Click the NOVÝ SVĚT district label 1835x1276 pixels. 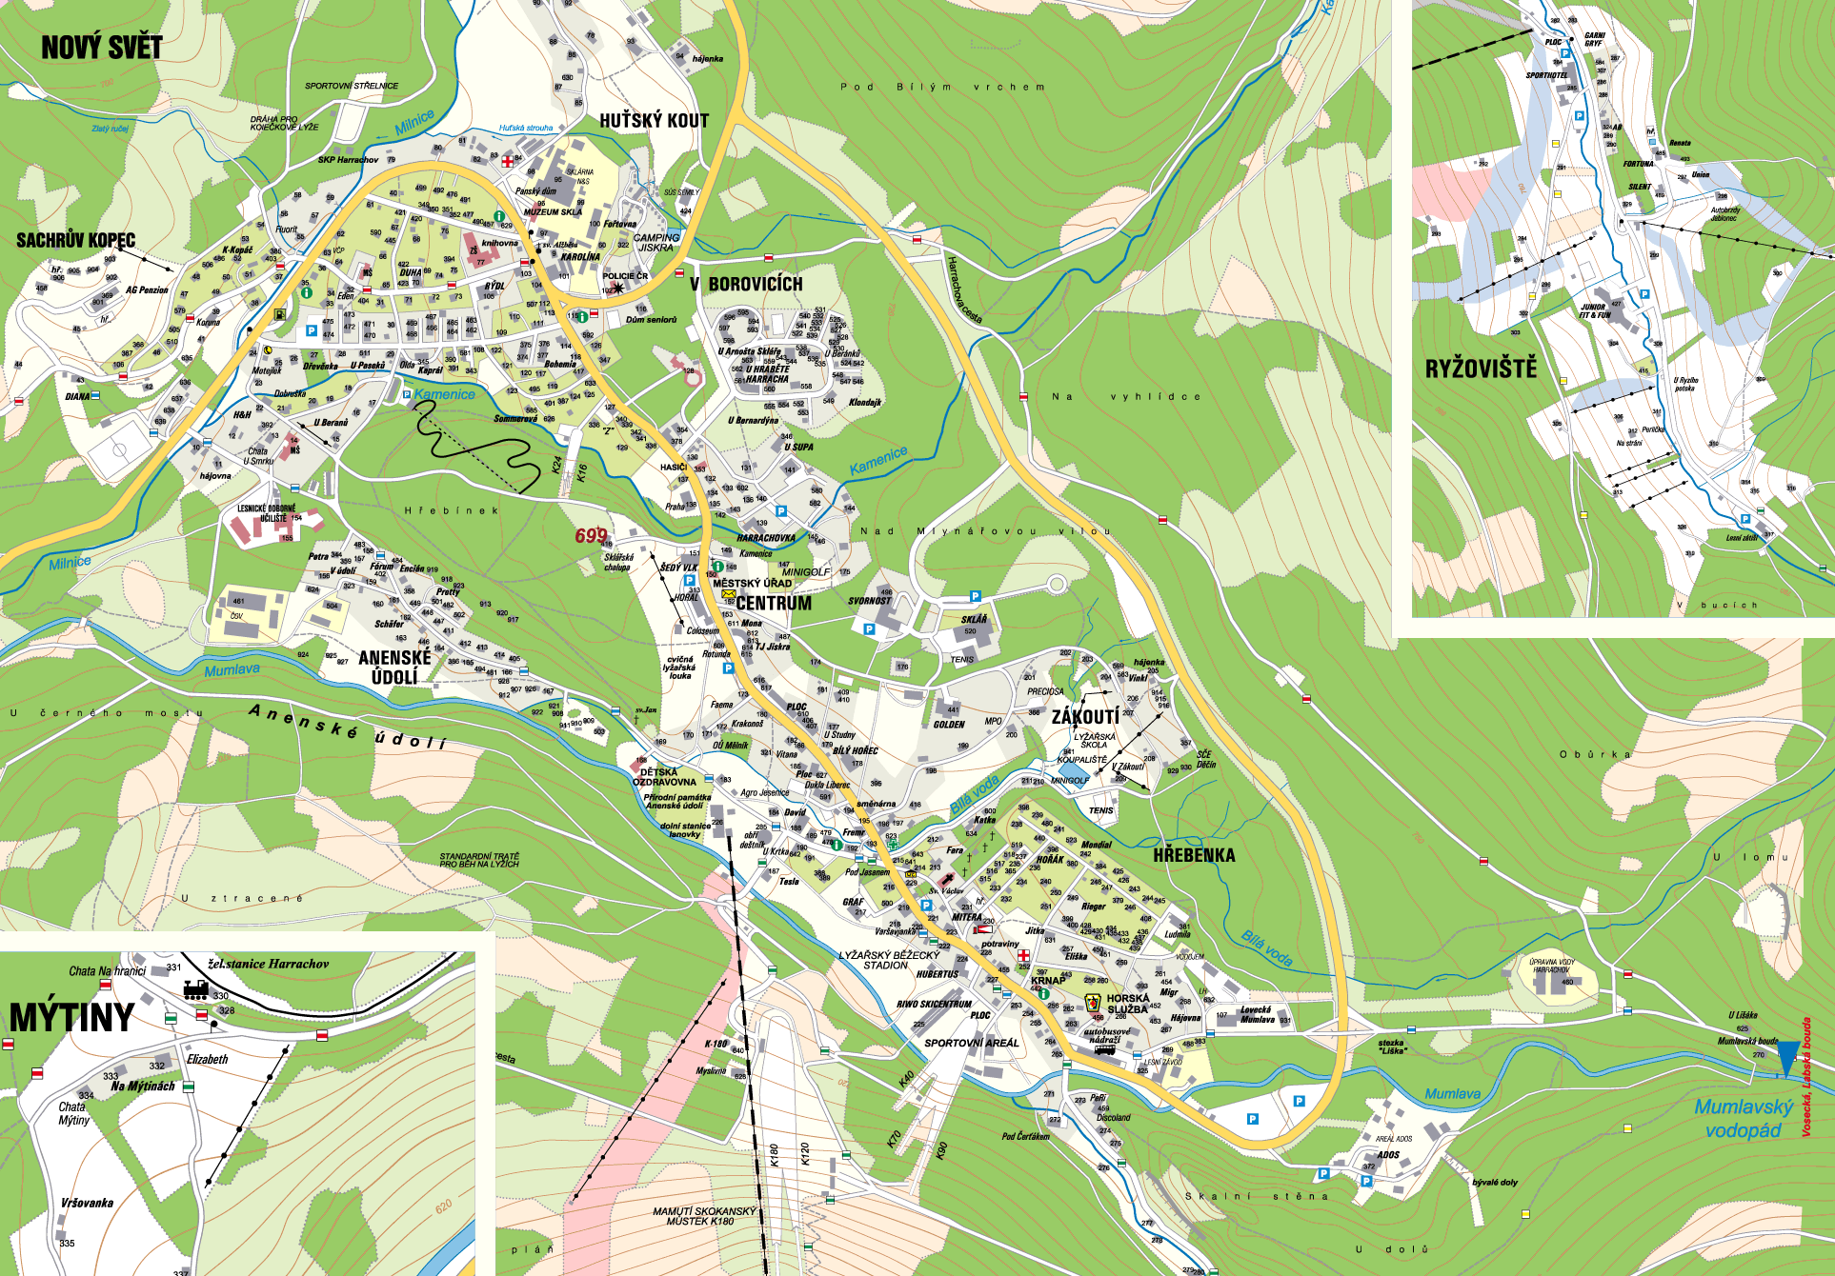click(101, 48)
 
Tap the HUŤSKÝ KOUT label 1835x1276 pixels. click(654, 121)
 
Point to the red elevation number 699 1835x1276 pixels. click(591, 536)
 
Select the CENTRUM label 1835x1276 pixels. click(774, 604)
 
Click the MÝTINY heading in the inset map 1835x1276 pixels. click(71, 1018)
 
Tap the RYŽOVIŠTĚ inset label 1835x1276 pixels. click(1481, 369)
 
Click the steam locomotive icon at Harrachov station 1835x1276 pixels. click(195, 989)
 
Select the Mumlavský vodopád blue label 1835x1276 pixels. click(1743, 1119)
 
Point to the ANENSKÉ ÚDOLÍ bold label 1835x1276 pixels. click(394, 667)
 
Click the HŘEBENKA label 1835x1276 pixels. click(1194, 855)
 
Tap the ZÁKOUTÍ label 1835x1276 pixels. click(1085, 717)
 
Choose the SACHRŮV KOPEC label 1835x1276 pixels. click(75, 240)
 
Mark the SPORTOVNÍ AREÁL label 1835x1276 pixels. click(971, 1043)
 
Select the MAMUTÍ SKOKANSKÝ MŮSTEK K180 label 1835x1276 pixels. click(704, 1216)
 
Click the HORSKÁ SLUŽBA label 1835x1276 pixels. click(1128, 1004)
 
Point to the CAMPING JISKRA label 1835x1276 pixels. click(656, 243)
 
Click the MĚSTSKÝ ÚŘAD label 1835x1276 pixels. click(752, 583)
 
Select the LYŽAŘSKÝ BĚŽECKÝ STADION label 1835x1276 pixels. click(888, 960)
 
